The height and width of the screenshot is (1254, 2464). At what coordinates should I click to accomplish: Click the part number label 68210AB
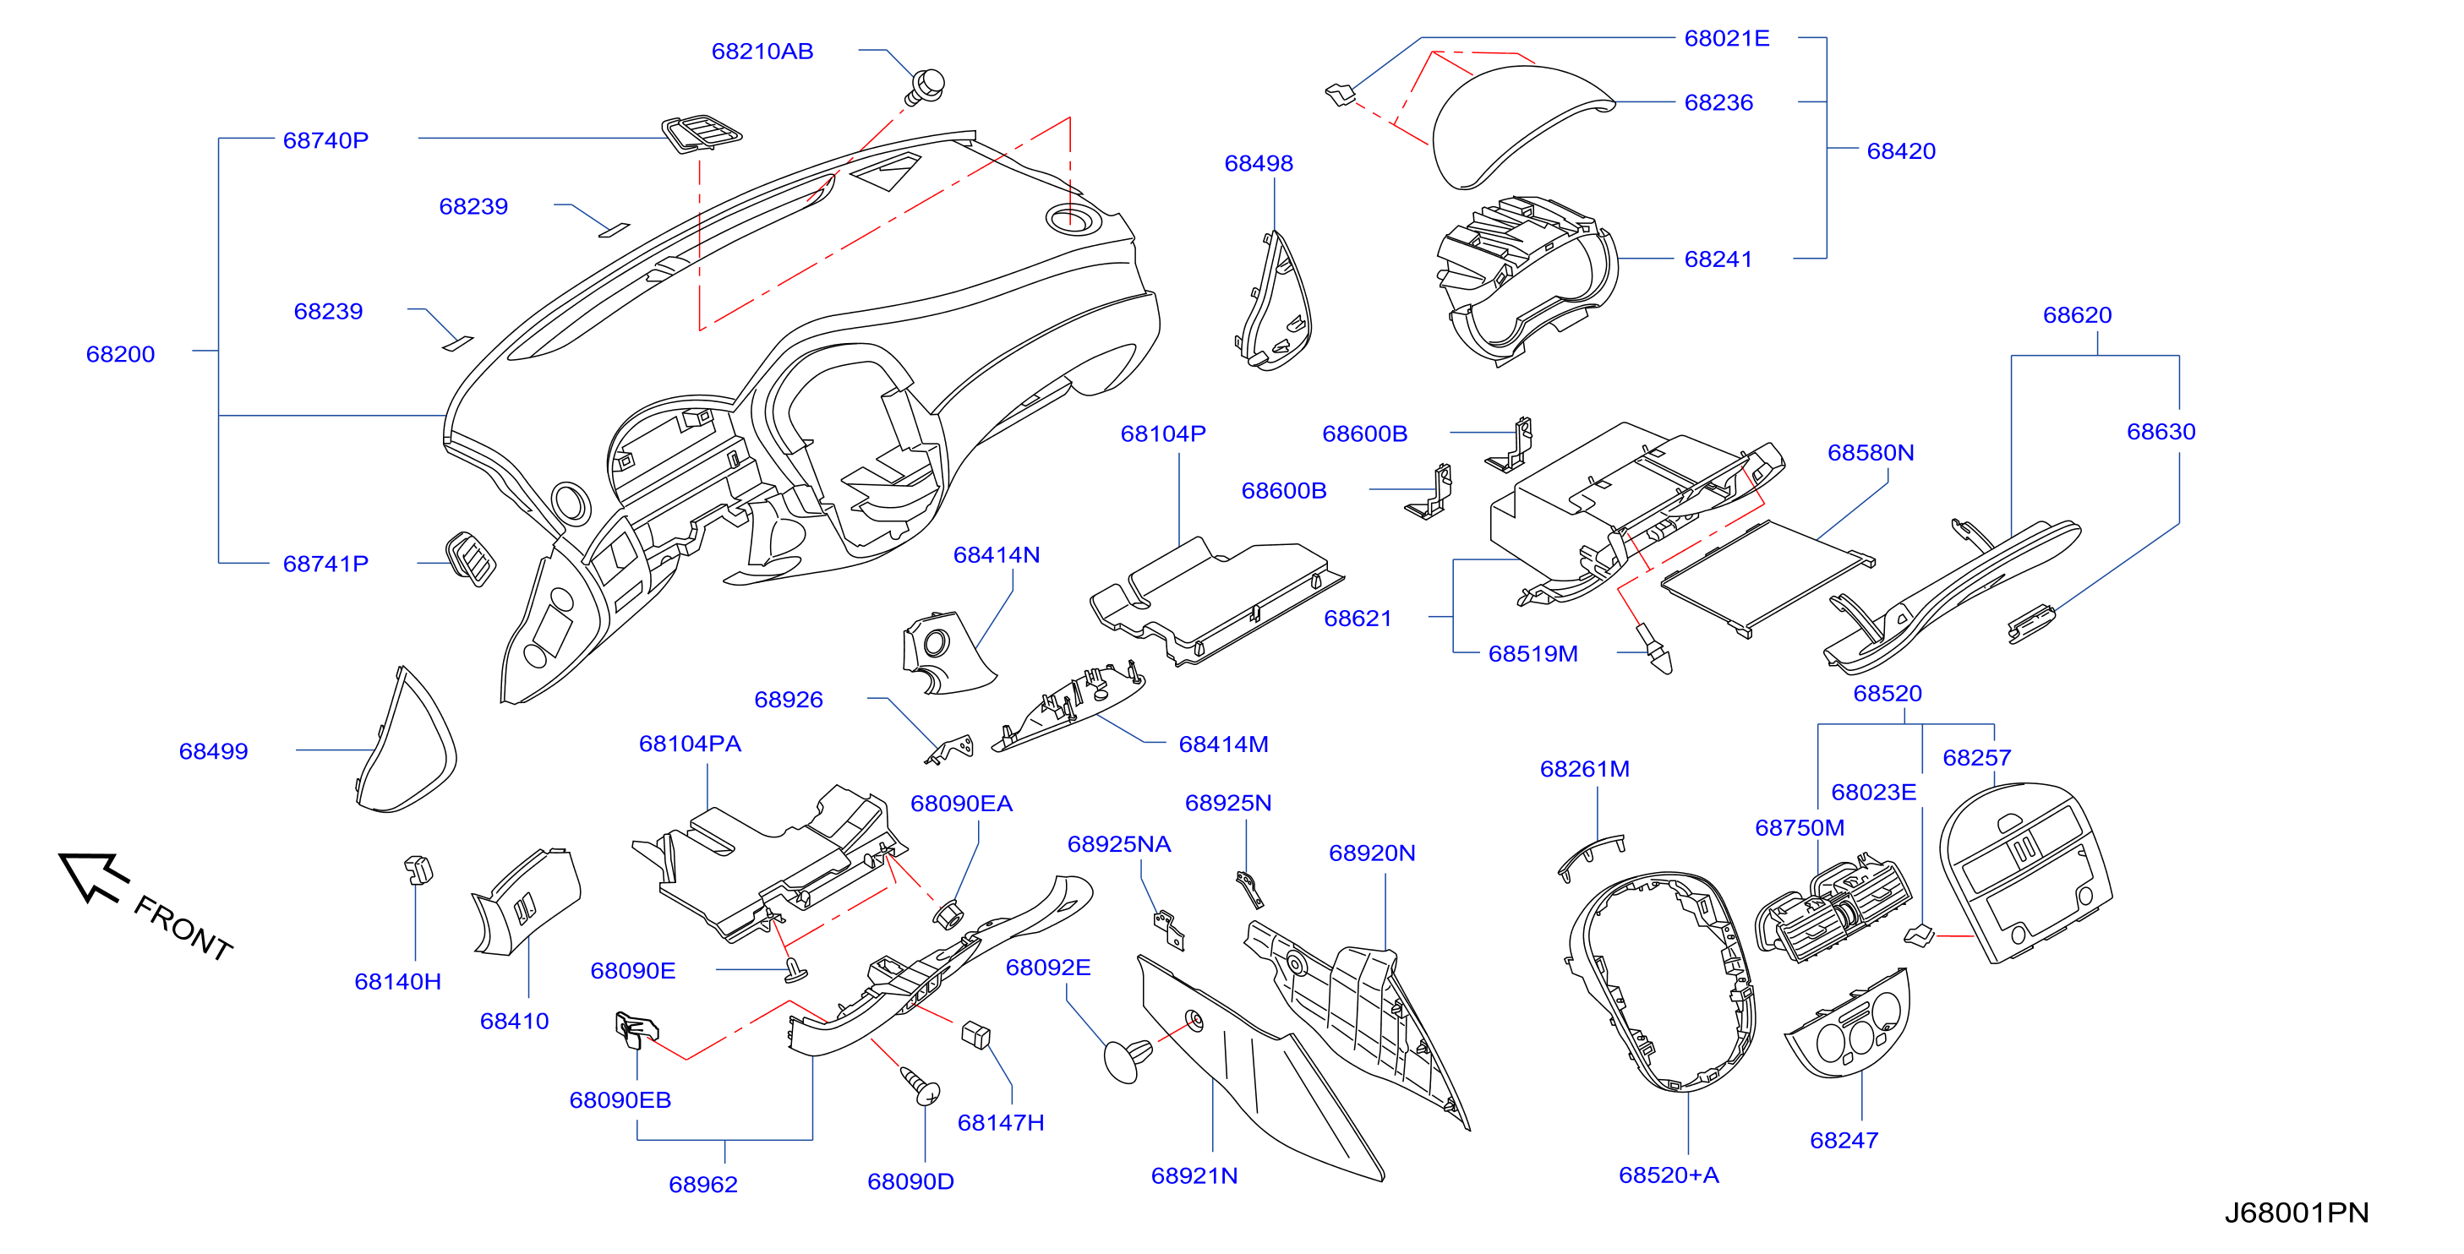tap(762, 52)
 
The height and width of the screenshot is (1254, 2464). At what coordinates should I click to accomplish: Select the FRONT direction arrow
tap(93, 875)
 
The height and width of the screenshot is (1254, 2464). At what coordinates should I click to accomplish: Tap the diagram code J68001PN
tap(2296, 1212)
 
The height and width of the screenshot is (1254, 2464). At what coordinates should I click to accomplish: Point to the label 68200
tap(121, 354)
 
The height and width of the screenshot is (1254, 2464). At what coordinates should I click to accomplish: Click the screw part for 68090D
tap(921, 1086)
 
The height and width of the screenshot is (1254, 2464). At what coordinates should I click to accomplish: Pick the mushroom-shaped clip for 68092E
tap(1127, 1059)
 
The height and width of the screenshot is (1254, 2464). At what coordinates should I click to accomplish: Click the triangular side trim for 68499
tap(406, 740)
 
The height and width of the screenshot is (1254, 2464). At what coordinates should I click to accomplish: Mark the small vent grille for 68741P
tap(471, 559)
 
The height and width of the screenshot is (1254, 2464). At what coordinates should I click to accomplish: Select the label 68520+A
tap(1669, 1175)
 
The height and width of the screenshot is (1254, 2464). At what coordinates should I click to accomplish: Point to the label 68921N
tap(1194, 1175)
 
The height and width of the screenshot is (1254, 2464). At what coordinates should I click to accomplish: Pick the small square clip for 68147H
tap(975, 1035)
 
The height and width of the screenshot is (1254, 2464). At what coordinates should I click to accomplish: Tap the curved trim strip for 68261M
tap(1590, 854)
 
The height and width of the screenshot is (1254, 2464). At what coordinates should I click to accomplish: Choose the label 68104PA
tap(690, 744)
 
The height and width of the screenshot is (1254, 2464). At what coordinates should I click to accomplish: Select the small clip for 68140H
tap(418, 870)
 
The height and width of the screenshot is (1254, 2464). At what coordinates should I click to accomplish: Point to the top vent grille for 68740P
tap(701, 133)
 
